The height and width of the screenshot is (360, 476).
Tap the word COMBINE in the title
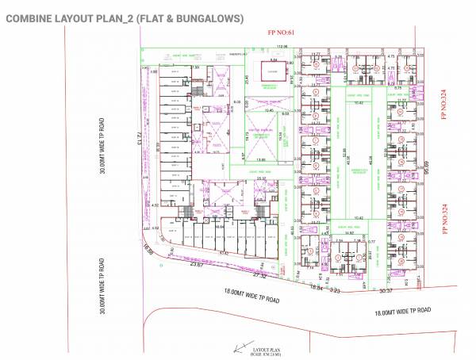pyautogui.click(x=31, y=17)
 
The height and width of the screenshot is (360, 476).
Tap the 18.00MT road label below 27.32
pyautogui.click(x=253, y=300)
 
